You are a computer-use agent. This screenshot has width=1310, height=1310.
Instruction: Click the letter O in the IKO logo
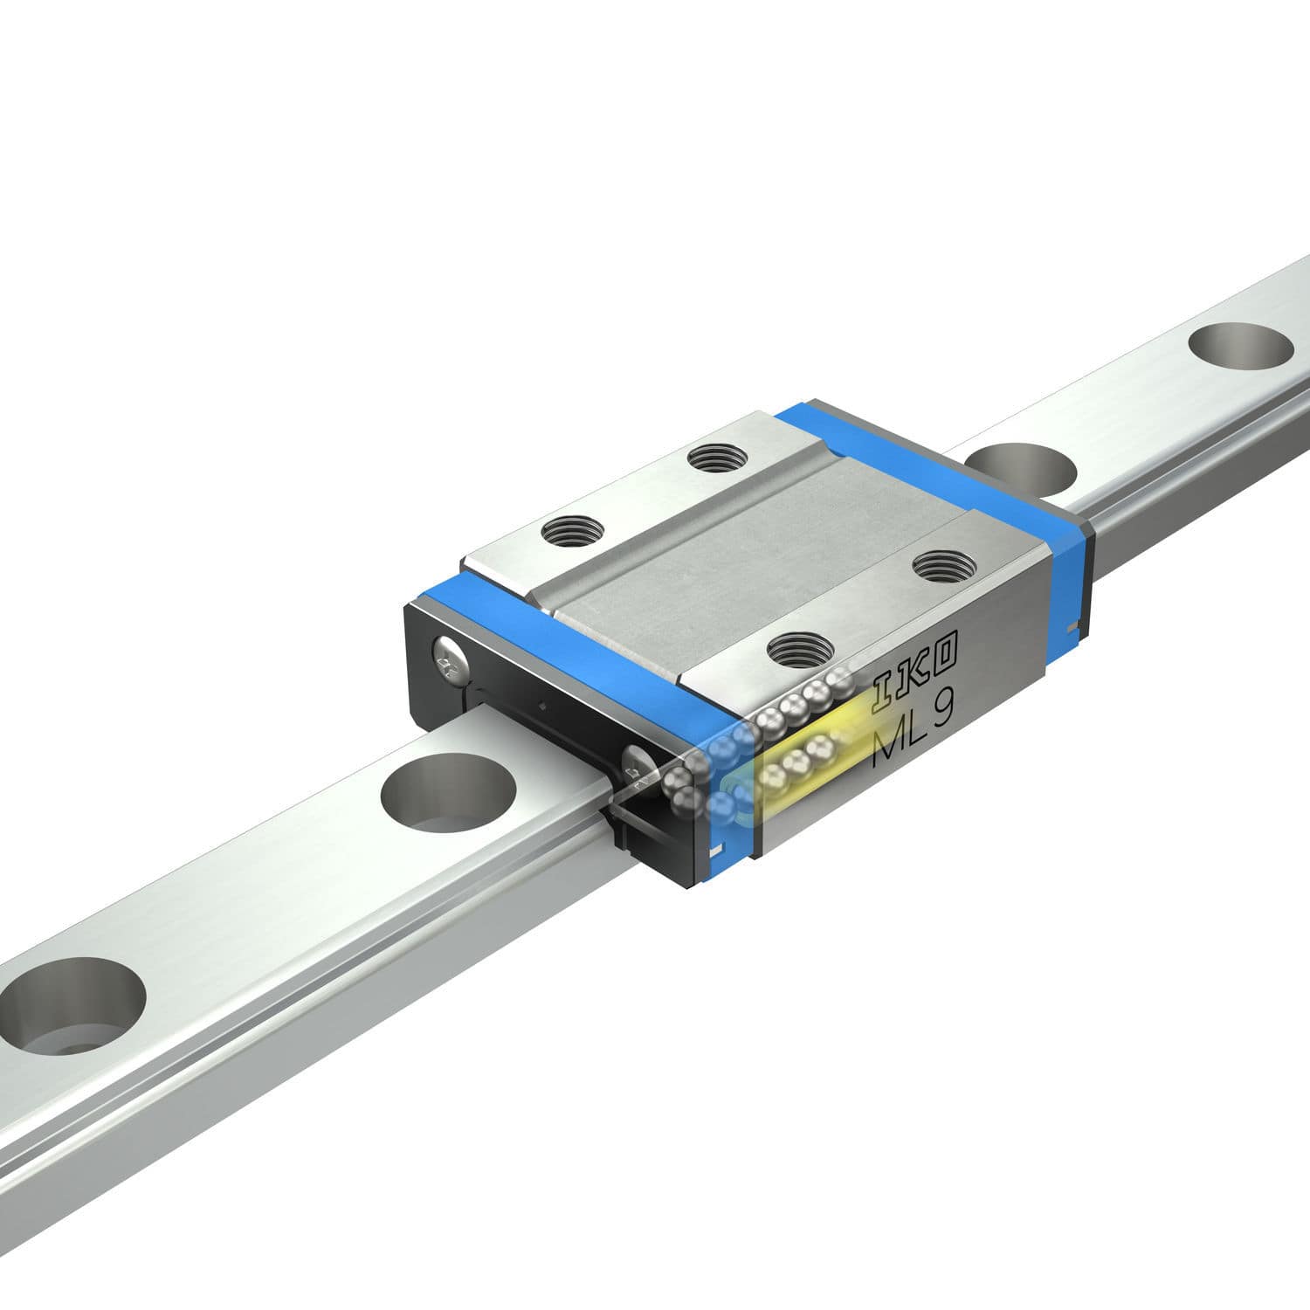[947, 648]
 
